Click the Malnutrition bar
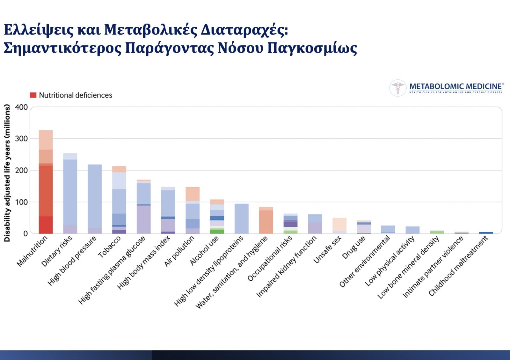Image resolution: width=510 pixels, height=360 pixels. click(x=46, y=182)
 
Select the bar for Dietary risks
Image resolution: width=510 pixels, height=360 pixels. click(x=70, y=193)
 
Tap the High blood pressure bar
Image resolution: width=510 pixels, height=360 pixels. click(x=95, y=199)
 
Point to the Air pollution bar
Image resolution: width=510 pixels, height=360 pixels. click(x=193, y=210)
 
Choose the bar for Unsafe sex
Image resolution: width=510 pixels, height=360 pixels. click(x=339, y=226)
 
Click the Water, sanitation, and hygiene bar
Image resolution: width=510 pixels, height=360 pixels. click(x=266, y=220)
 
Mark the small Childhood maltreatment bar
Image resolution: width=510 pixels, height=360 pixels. click(x=486, y=233)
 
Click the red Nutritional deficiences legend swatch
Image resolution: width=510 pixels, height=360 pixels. click(x=33, y=95)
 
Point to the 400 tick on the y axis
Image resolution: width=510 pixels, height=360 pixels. click(x=21, y=107)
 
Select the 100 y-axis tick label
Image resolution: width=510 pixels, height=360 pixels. click(x=21, y=202)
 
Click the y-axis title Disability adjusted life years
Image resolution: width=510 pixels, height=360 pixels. click(x=7, y=173)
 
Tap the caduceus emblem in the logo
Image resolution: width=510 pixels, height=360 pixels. click(x=398, y=88)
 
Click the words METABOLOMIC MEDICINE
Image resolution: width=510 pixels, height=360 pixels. click(x=455, y=86)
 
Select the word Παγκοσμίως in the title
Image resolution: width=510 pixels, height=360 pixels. click(x=312, y=48)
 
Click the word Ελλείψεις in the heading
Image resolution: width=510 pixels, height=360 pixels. click(x=39, y=30)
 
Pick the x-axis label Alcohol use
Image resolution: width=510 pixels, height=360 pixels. click(x=204, y=250)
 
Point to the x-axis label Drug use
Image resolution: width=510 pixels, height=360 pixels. click(x=353, y=247)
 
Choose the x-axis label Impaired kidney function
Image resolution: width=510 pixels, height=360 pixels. click(x=287, y=266)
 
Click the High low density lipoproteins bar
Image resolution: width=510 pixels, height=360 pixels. click(x=242, y=219)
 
